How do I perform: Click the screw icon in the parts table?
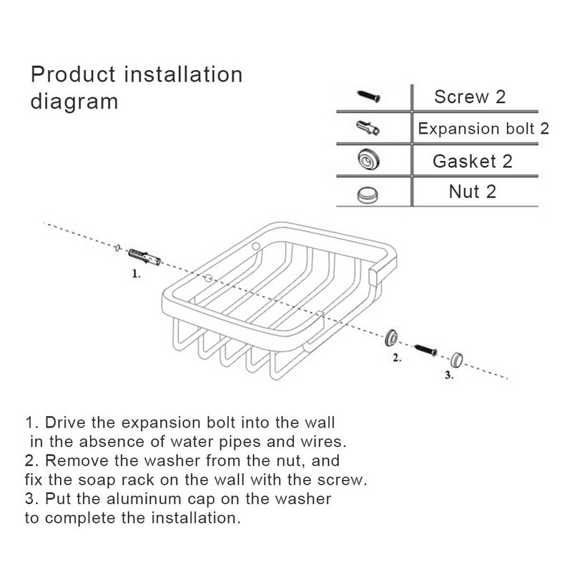(369, 97)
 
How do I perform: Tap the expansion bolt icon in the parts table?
(368, 128)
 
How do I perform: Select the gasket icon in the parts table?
(368, 159)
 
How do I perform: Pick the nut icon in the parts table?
(368, 194)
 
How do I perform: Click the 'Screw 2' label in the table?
(470, 97)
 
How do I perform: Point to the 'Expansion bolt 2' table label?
(483, 129)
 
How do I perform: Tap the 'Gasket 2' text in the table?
(473, 162)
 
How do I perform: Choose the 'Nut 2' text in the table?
(473, 192)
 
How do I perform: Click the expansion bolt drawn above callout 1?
(144, 257)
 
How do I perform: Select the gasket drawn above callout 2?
(392, 337)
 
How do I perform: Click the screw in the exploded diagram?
(425, 350)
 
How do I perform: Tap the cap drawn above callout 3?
(457, 360)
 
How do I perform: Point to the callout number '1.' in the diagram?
(136, 274)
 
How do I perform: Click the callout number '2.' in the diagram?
(398, 358)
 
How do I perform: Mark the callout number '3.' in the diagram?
(449, 375)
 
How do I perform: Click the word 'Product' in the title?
(73, 74)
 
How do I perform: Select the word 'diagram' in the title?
(74, 102)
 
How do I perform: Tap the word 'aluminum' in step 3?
(144, 498)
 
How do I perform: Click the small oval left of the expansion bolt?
(117, 248)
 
